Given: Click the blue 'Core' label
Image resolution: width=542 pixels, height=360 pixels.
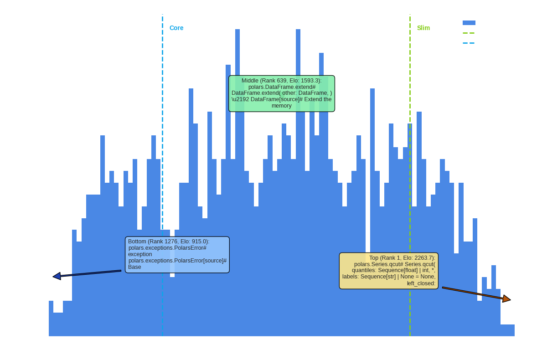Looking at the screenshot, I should [x=176, y=28].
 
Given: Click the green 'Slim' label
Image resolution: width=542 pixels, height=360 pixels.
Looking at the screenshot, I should [x=423, y=28].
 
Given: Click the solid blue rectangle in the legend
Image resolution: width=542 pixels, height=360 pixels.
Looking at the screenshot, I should [x=469, y=23].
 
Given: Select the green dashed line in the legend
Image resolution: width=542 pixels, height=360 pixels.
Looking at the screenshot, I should [x=469, y=33].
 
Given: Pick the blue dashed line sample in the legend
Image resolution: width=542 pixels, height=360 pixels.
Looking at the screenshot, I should [x=469, y=43].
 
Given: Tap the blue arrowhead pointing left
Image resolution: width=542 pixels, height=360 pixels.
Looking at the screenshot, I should [x=57, y=276].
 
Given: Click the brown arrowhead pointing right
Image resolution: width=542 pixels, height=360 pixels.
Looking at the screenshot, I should [x=506, y=299].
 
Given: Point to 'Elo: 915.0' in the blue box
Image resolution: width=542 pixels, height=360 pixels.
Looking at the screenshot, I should [x=192, y=242].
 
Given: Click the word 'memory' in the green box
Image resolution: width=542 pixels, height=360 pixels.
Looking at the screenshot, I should [x=281, y=106].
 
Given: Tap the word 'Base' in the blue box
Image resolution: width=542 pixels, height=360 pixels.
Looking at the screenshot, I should [x=134, y=267].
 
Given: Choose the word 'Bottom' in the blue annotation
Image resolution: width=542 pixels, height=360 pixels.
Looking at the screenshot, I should [x=137, y=242].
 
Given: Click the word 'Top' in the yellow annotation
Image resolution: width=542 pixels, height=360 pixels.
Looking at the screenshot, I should [x=374, y=258].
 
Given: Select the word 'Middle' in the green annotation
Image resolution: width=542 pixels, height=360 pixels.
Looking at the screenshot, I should [x=250, y=81].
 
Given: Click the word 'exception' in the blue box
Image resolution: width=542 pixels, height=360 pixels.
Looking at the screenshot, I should [x=140, y=254].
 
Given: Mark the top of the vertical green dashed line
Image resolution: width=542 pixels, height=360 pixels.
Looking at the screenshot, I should [x=410, y=15].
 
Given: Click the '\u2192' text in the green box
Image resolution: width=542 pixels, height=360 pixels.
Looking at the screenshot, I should [x=240, y=99].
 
